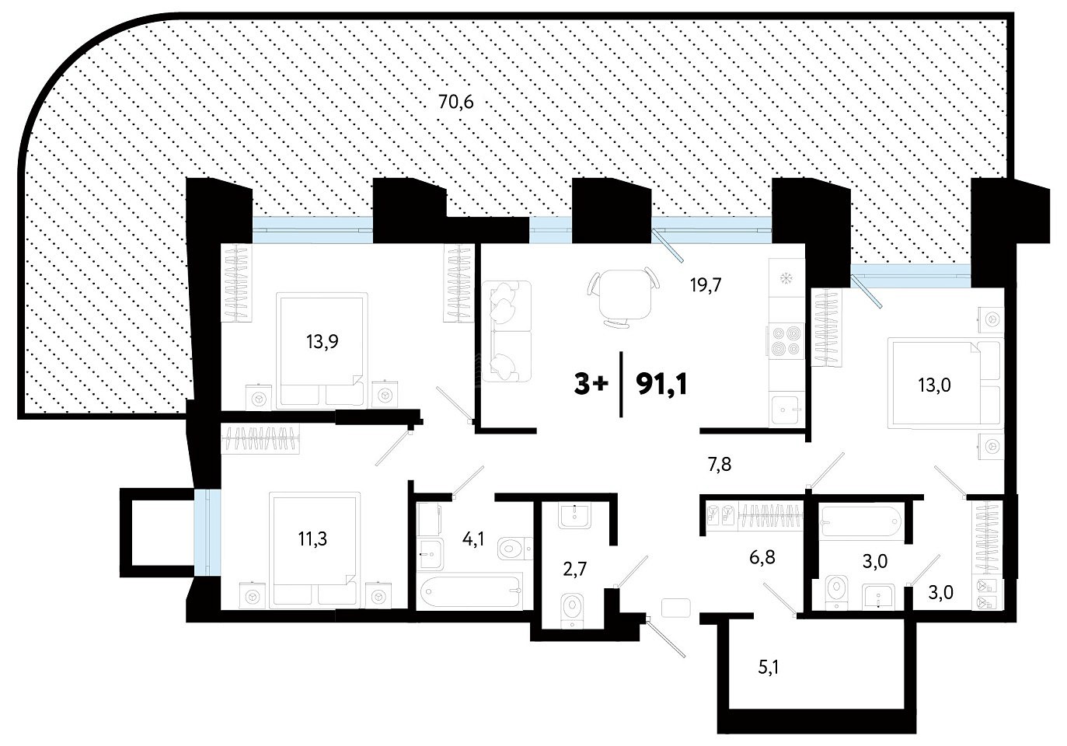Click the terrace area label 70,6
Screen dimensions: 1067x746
[x=456, y=102]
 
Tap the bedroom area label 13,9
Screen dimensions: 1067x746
[x=323, y=342]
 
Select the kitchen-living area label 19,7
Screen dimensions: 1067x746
[x=706, y=285]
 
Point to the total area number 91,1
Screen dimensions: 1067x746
[x=661, y=385]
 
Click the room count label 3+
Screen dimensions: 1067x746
[x=591, y=385]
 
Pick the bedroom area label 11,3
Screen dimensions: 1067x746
[x=312, y=539]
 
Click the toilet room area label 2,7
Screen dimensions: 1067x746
[x=575, y=569]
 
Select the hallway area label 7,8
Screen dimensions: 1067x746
[x=720, y=464]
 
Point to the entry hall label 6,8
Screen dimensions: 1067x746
[x=762, y=557]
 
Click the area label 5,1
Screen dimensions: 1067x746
[x=769, y=668]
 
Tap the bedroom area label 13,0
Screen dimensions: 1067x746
[x=934, y=385]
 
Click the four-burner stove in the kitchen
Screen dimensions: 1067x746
[x=785, y=341]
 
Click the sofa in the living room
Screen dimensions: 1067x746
[x=507, y=331]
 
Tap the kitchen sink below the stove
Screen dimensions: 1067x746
[x=786, y=410]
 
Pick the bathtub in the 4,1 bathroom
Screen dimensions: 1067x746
[x=471, y=591]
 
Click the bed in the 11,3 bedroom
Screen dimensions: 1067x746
[x=313, y=550]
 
